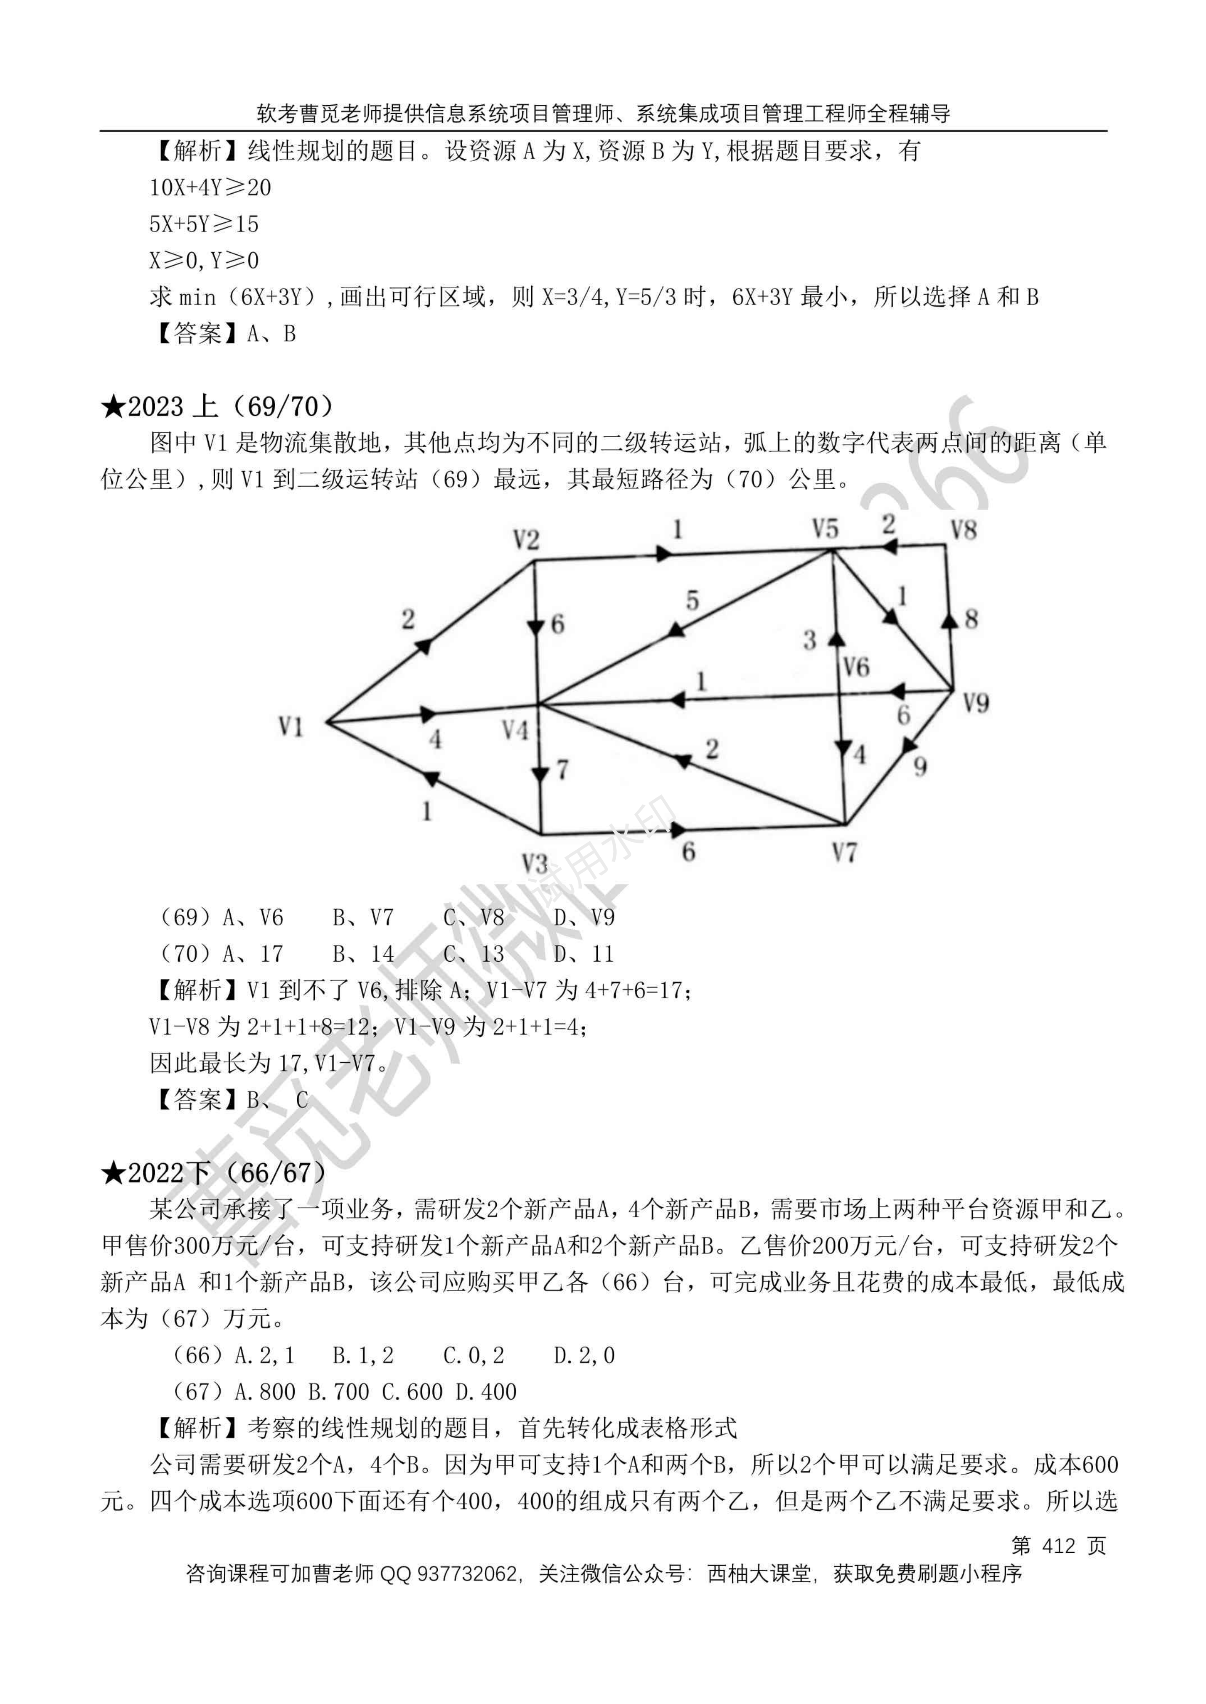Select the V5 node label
824,529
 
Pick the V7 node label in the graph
844,853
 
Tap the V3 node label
535,864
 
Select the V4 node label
515,731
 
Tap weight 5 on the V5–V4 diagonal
692,600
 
